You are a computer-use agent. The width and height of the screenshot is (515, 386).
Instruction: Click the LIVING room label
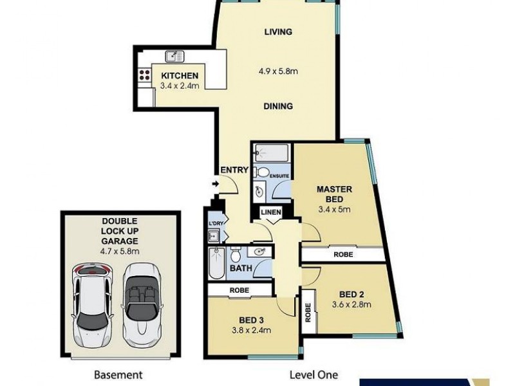point(277,32)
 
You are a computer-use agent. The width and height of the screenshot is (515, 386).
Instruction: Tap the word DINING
point(277,106)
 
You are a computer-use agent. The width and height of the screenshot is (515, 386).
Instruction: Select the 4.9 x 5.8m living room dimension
point(277,71)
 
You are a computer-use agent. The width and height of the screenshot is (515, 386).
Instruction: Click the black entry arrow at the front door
point(215,185)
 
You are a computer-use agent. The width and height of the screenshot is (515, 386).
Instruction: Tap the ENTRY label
point(234,170)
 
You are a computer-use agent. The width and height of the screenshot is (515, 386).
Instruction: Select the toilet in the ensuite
point(261,172)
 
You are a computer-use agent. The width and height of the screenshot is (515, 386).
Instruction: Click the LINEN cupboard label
point(270,212)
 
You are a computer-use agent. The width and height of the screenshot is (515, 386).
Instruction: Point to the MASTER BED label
point(333,194)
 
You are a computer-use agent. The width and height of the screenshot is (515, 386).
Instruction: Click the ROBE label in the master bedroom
point(342,255)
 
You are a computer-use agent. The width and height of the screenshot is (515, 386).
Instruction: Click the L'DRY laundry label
point(214,223)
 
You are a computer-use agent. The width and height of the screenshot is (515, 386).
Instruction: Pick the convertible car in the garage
point(140,303)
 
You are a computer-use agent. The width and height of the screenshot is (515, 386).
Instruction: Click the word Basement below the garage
point(118,374)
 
